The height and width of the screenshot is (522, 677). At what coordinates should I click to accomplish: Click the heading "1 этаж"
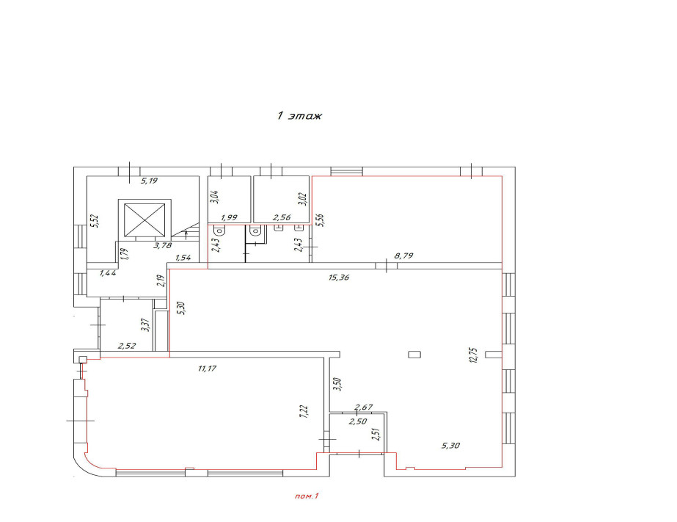(x=299, y=116)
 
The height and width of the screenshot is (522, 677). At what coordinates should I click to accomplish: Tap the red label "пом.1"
(x=306, y=496)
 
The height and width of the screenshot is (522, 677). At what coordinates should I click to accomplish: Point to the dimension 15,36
(x=339, y=278)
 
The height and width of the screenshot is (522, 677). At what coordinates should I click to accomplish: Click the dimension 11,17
(x=207, y=369)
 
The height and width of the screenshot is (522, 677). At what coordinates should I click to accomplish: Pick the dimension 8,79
(x=403, y=255)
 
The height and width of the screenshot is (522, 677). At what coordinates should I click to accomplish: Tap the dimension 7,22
(x=304, y=411)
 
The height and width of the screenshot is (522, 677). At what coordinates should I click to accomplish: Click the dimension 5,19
(x=150, y=181)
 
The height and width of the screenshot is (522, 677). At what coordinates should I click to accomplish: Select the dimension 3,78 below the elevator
(x=164, y=245)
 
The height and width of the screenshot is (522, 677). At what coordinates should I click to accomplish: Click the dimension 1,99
(x=230, y=217)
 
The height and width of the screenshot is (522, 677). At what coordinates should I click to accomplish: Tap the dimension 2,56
(x=282, y=217)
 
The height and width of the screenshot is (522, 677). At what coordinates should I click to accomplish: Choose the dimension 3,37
(x=145, y=325)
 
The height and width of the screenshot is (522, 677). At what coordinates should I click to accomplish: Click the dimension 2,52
(x=127, y=346)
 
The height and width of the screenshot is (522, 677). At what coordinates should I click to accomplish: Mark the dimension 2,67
(x=364, y=407)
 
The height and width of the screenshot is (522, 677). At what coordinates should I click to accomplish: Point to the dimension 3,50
(x=337, y=384)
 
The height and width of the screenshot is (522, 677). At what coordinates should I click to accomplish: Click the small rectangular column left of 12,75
(x=414, y=355)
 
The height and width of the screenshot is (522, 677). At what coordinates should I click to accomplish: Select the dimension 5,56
(x=320, y=220)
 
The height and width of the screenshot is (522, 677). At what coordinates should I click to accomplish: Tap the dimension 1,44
(x=108, y=272)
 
